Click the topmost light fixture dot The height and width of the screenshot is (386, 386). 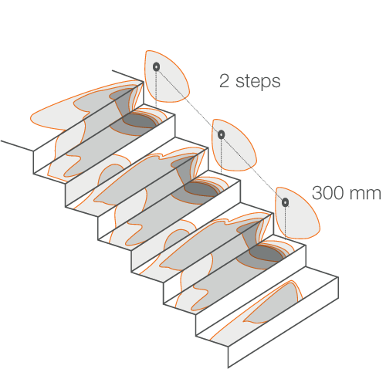coord(156,66)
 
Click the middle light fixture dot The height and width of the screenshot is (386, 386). coord(222,134)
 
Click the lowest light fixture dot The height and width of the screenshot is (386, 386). coord(285,202)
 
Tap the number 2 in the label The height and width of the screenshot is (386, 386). coord(224,81)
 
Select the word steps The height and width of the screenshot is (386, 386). coord(258,82)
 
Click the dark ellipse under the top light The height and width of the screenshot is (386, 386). coord(140,120)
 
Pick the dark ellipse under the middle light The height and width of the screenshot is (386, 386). coord(202,189)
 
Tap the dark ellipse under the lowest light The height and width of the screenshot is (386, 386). coord(267,254)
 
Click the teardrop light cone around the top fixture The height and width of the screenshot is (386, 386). coord(167,76)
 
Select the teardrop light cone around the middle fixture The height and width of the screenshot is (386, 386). coord(234,145)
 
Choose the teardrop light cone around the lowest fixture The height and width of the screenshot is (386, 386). coord(297,213)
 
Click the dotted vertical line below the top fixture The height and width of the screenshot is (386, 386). coord(156,90)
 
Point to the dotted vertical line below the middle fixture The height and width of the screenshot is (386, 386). coord(222,156)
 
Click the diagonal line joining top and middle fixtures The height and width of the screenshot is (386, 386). coord(188,100)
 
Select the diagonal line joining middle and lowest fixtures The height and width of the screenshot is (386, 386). coord(253,168)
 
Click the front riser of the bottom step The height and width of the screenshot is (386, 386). coord(283,322)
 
